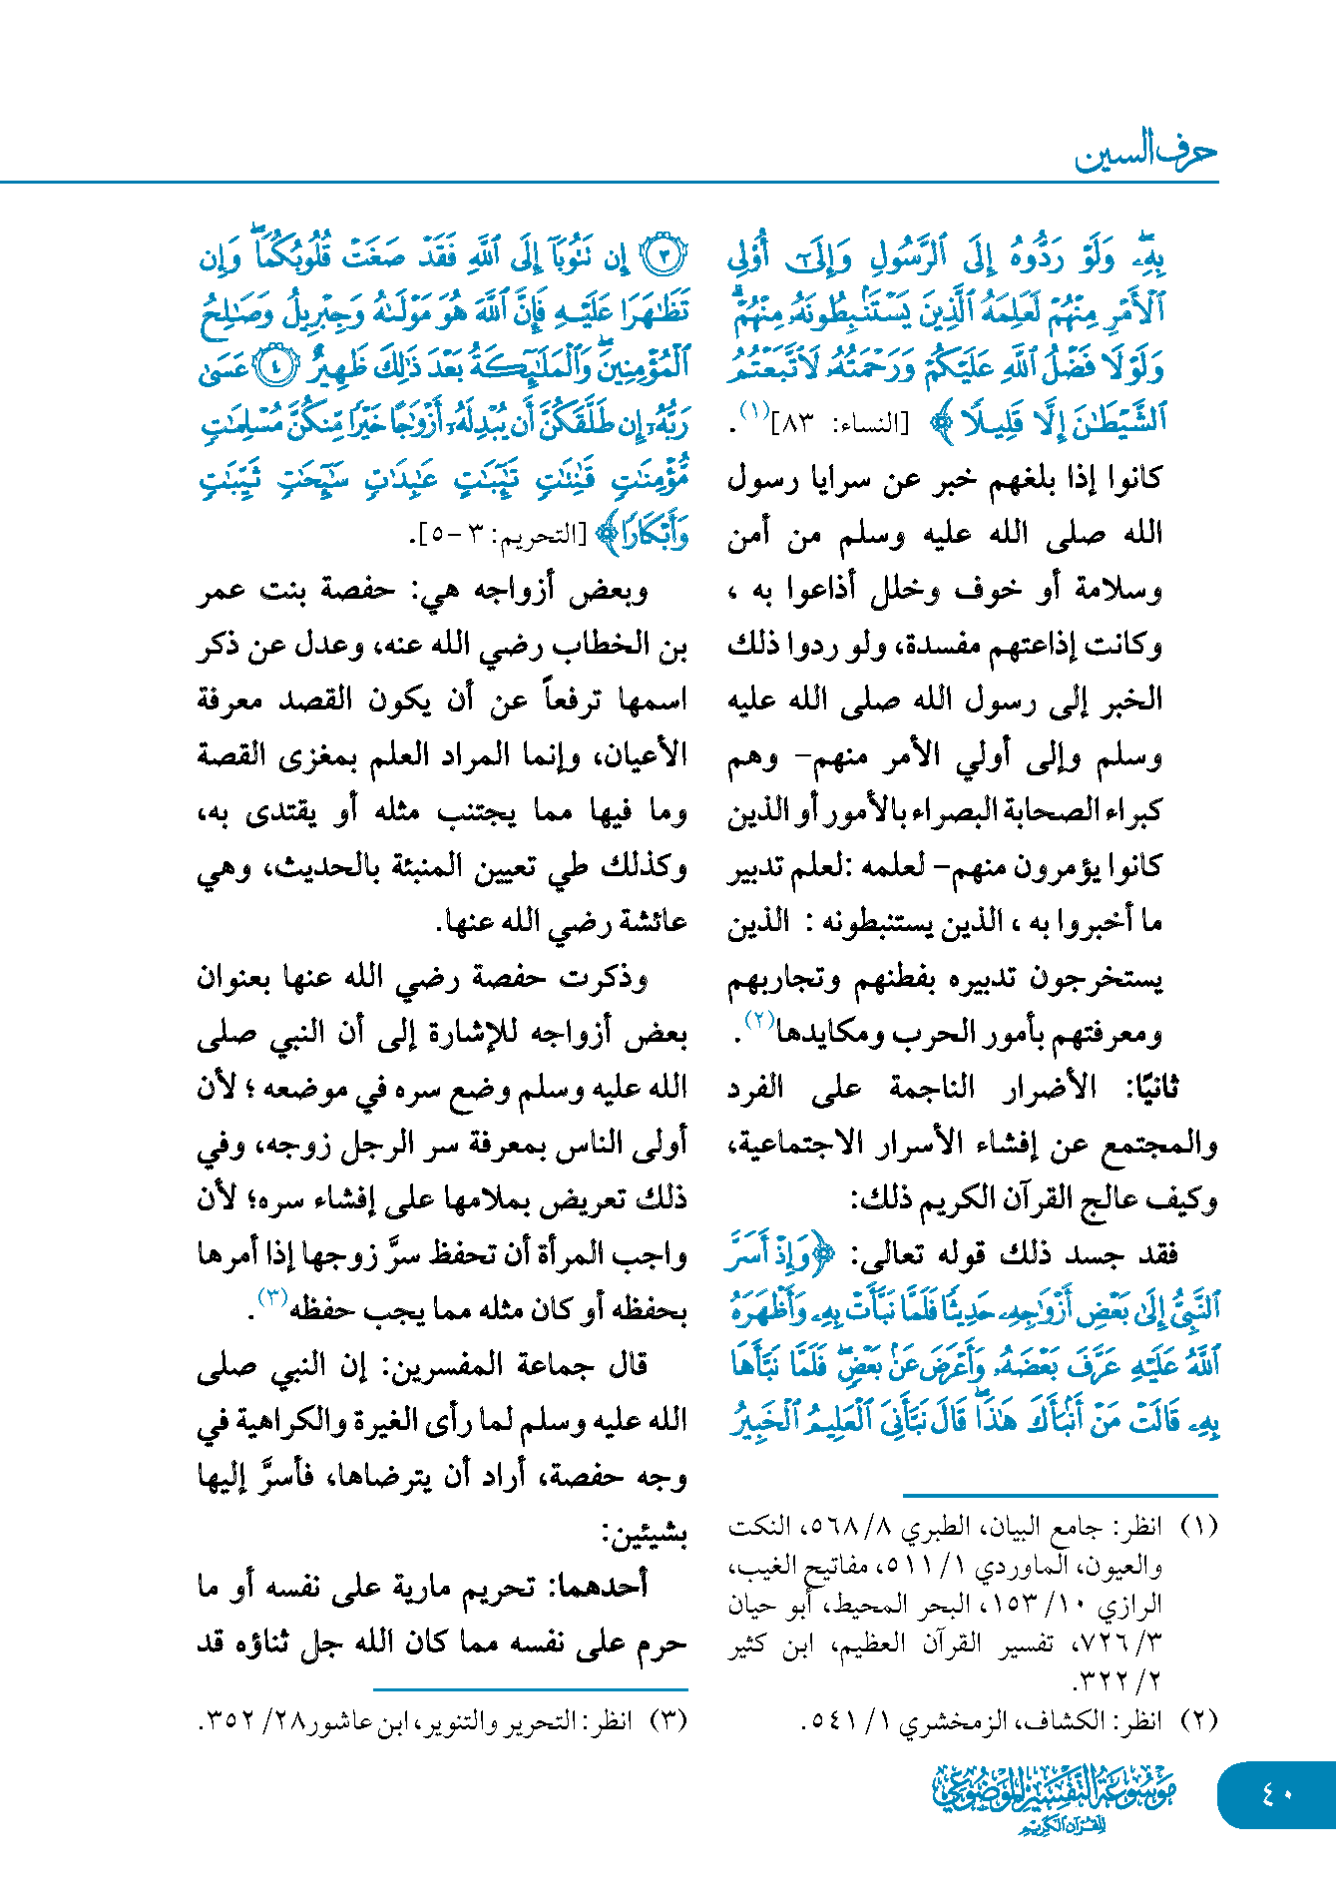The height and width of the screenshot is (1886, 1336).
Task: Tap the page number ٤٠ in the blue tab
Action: point(1276,1794)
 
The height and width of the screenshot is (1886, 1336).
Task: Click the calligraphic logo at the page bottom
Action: point(1055,1796)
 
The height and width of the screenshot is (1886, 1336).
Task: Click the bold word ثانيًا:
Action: point(1143,1087)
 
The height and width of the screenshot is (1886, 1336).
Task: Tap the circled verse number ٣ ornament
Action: point(663,257)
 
